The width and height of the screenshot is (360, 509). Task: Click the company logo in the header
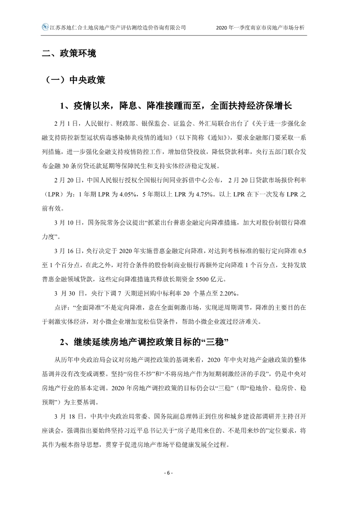coord(44,27)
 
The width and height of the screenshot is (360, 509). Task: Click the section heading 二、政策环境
coord(69,54)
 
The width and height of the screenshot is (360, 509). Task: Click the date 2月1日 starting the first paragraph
coord(65,122)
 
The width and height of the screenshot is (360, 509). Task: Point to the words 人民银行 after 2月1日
coord(90,122)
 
